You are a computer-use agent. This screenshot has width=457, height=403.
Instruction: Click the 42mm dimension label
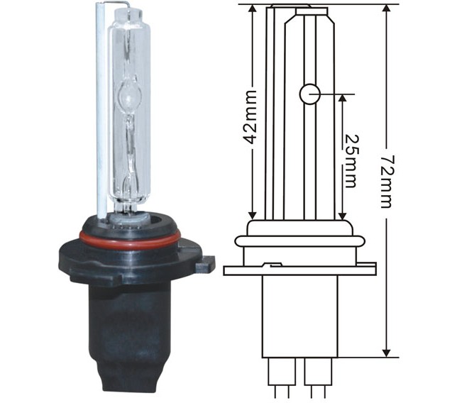250,118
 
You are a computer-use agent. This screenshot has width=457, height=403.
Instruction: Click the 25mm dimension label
350,162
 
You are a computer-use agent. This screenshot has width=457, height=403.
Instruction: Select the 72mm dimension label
387,182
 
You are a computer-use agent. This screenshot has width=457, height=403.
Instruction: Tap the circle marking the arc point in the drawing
310,94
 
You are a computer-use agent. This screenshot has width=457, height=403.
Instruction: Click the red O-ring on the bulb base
128,239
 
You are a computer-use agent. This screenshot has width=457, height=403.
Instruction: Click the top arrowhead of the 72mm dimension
387,9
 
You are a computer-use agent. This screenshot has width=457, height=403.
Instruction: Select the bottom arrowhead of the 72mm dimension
387,352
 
